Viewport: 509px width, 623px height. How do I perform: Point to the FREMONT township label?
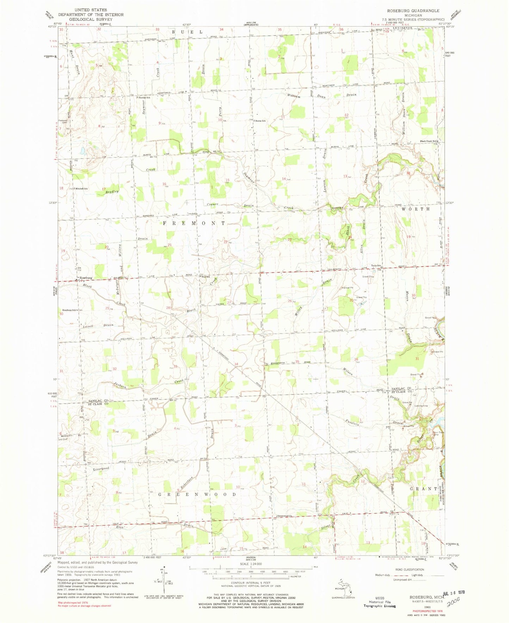[x=194, y=224]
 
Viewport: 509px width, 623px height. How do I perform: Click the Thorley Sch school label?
[x=143, y=98]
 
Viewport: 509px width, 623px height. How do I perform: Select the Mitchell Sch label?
[x=80, y=189]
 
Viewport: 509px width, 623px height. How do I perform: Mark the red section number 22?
[x=225, y=242]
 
